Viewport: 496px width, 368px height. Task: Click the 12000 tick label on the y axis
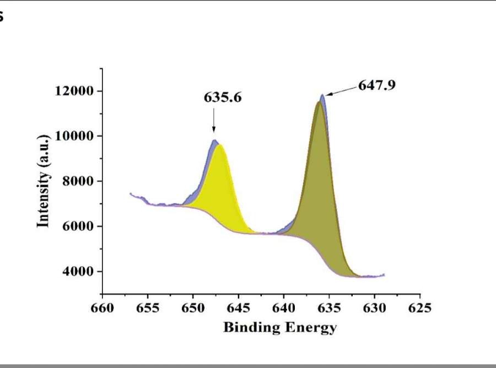[75, 91]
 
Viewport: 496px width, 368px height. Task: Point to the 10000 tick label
[75, 136]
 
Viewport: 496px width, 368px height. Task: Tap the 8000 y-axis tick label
[79, 181]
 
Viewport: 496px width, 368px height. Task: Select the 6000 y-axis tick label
[79, 226]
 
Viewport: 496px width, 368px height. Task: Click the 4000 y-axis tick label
[79, 272]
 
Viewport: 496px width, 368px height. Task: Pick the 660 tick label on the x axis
[102, 307]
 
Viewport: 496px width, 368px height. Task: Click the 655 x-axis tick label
[147, 307]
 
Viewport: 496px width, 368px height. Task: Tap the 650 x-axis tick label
[193, 307]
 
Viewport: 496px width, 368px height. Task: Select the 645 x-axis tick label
[238, 307]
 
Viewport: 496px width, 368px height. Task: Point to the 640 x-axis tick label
[283, 307]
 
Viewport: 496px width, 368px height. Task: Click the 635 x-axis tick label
[329, 307]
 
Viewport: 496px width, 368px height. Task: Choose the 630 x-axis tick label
[374, 307]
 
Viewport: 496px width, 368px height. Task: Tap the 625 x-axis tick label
[419, 307]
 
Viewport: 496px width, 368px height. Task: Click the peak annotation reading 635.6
[223, 98]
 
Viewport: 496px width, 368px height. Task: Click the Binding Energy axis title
[279, 327]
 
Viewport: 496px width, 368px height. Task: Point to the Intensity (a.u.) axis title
[44, 180]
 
